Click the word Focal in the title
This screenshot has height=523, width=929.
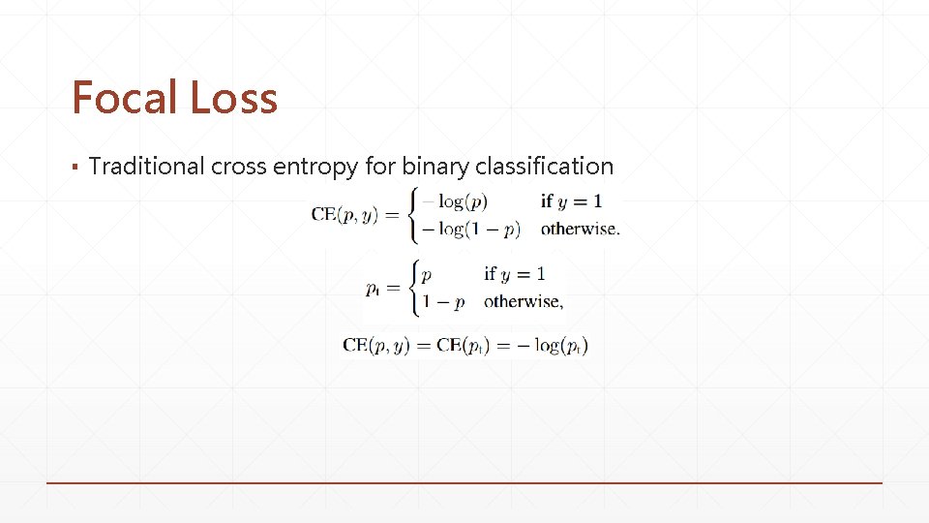point(123,98)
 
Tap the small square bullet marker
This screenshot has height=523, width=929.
point(75,168)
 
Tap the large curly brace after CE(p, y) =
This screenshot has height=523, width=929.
point(415,215)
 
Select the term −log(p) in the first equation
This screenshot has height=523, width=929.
point(456,201)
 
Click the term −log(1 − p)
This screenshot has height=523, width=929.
point(472,230)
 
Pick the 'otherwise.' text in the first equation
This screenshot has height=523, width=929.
point(580,230)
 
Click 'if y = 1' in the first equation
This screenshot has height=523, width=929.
point(571,201)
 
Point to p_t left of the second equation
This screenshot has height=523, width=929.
point(374,288)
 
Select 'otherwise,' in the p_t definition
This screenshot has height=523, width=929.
point(524,301)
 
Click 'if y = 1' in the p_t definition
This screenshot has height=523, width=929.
point(515,273)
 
